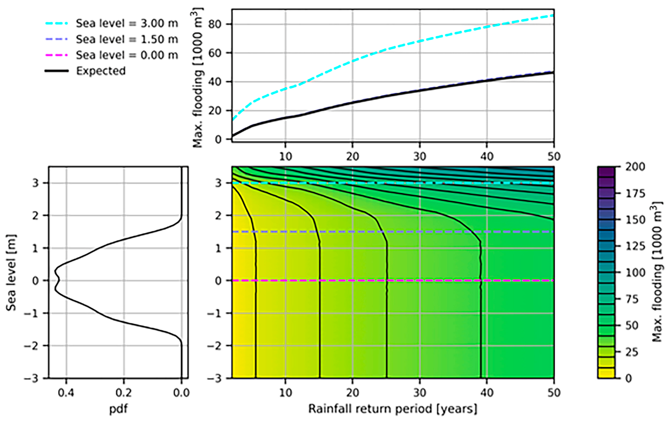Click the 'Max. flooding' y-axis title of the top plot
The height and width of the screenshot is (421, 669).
coord(198,78)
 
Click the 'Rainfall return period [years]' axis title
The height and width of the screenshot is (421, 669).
coord(393,409)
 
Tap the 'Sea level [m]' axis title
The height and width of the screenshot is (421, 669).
coord(11,273)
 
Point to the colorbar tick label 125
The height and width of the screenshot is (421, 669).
coord(635,246)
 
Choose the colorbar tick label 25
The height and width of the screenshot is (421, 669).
coord(632,352)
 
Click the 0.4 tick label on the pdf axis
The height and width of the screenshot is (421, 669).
coord(66,393)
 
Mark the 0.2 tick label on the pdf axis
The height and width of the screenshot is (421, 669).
coord(124,393)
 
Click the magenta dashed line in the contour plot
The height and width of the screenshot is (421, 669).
coord(361,281)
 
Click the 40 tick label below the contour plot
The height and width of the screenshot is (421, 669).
coord(487,393)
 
